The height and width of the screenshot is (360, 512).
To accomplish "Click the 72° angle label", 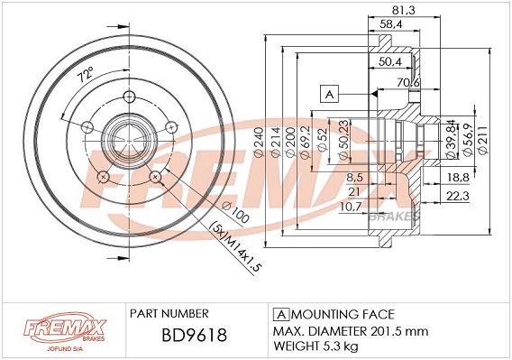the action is pos(86,75).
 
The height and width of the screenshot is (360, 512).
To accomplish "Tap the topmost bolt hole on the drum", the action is pos(129,97).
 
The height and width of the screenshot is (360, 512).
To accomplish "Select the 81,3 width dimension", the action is pos(403,10).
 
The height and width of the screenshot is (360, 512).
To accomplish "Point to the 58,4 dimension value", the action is pos(390,23).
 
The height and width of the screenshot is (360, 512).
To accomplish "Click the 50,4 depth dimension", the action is pos(390,61).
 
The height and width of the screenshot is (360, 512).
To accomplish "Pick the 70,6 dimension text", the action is pos(407,83).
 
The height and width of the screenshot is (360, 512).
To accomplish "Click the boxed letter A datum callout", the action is pos(330,95).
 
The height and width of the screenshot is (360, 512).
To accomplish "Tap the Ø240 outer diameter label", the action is pos(259,143).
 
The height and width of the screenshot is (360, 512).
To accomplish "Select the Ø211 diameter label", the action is pos(483,140).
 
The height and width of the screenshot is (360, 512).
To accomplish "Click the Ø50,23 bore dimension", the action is pos(343,140).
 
